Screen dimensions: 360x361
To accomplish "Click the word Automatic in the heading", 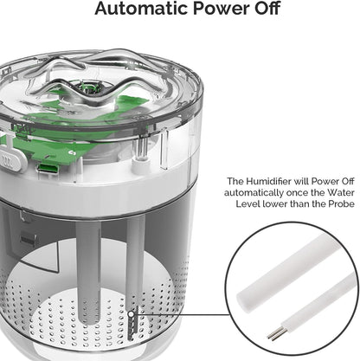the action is point(142,9).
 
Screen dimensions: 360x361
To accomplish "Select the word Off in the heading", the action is point(266,9).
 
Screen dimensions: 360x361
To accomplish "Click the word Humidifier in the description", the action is point(268,181).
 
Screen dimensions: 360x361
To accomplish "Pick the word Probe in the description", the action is point(341,203).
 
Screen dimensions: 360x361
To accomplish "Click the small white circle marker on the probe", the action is point(131,313).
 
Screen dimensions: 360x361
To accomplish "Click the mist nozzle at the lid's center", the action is point(89,87).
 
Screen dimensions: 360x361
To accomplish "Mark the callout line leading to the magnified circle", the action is point(183,314).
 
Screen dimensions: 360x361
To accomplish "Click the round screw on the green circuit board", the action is point(71,152).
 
